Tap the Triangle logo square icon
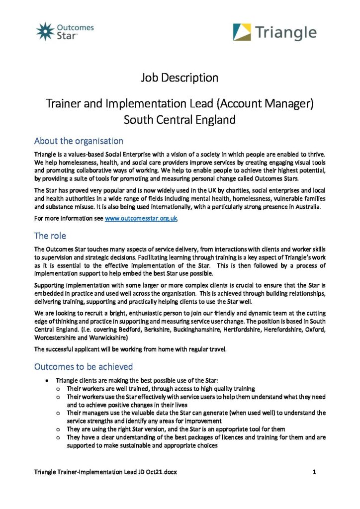242,32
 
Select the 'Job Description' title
180,78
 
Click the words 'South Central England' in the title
180,120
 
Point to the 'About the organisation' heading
79,141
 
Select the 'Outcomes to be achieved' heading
83,366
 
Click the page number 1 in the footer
315,472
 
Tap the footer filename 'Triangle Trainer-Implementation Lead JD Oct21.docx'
105,472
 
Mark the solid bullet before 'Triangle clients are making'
46,380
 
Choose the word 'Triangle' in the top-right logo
285,33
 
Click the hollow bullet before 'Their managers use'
59,413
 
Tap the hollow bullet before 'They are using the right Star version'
59,429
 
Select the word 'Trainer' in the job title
63,103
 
